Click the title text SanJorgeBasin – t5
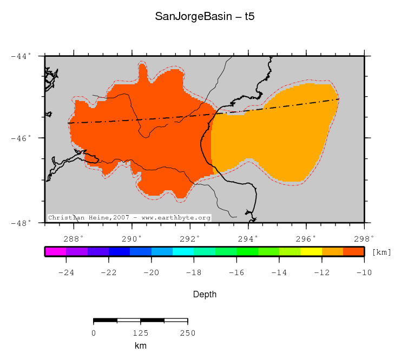tap(205, 16)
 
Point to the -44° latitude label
tap(22, 56)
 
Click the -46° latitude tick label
tap(22, 138)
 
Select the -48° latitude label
tap(22, 223)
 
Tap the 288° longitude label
tap(74, 238)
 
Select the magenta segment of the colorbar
tap(55, 251)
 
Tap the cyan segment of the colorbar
tap(183, 251)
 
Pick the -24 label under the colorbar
tap(66, 272)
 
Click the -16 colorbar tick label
tap(236, 272)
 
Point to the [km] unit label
tap(382, 252)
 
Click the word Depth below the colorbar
tap(205, 295)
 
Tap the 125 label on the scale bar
tap(141, 333)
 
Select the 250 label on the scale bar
tap(187, 333)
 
